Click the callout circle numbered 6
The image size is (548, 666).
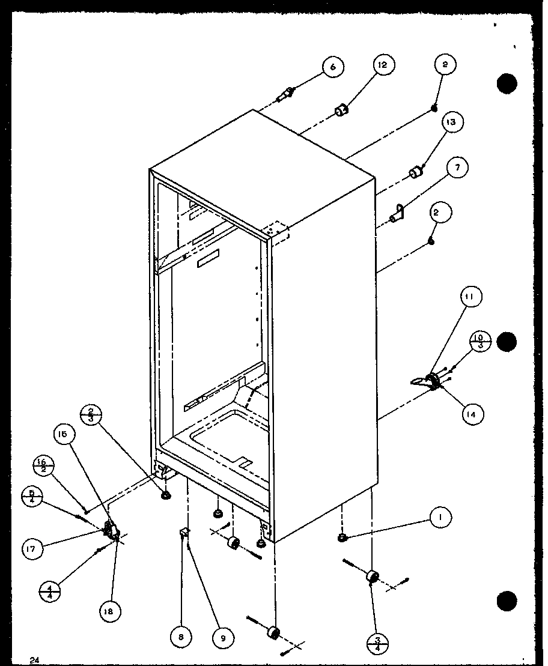[333, 67]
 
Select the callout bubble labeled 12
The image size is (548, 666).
[383, 65]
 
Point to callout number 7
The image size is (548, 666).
[457, 168]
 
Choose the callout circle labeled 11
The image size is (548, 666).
[472, 296]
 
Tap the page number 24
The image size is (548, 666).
[34, 660]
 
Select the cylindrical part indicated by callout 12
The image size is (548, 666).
[341, 110]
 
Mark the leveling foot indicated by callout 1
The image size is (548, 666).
[341, 537]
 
